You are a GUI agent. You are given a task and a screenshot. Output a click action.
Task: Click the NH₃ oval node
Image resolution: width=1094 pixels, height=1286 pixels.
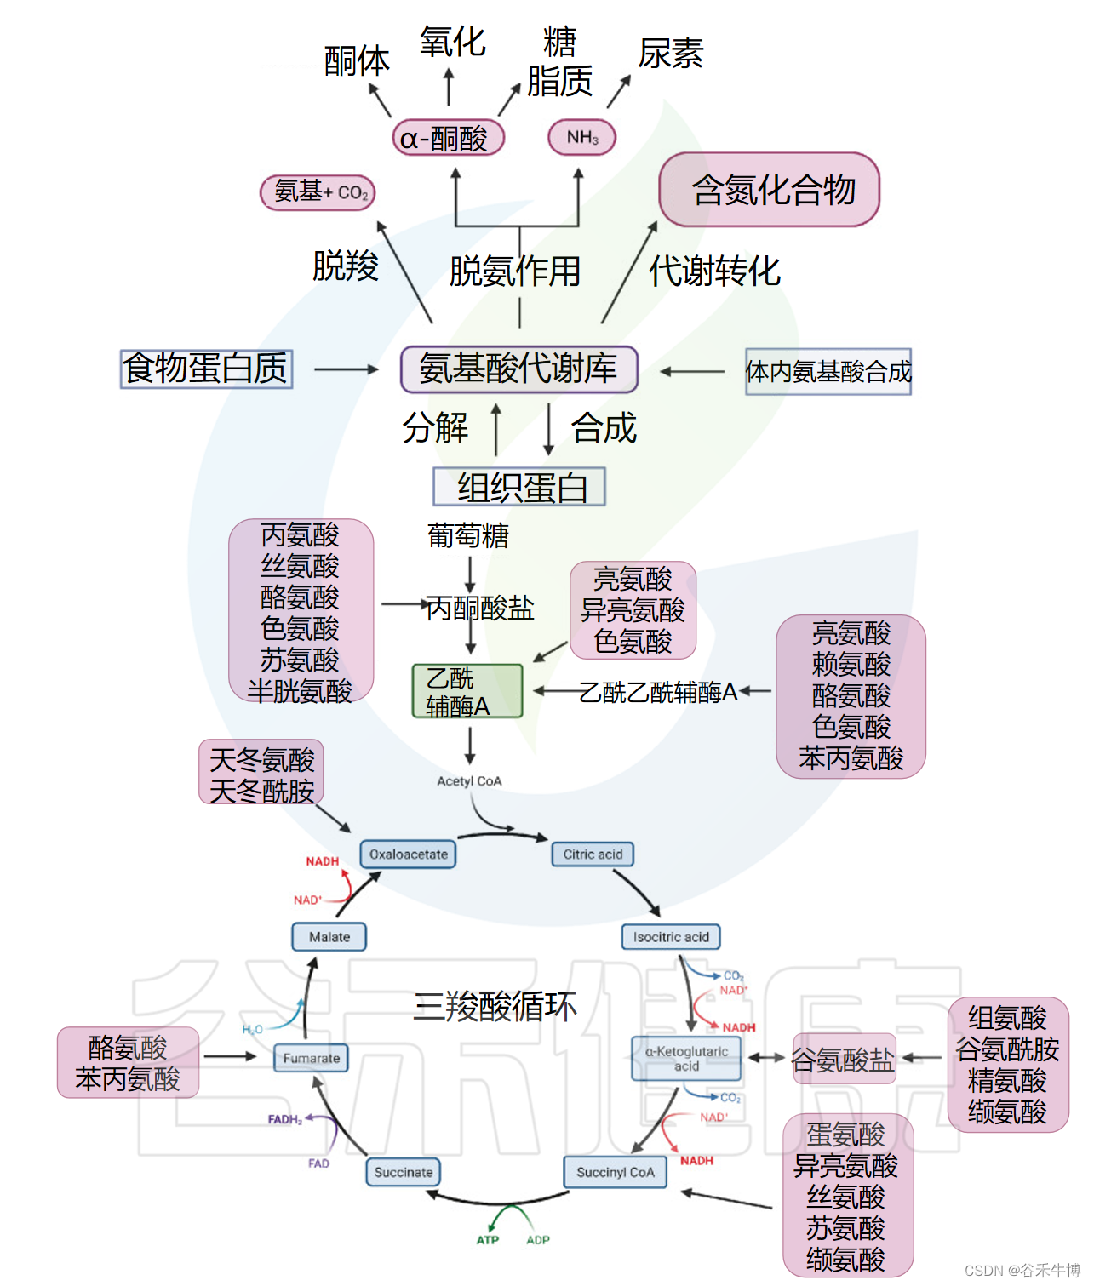coord(582,137)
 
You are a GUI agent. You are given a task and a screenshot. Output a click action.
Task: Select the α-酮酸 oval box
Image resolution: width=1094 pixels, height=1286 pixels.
coord(449,138)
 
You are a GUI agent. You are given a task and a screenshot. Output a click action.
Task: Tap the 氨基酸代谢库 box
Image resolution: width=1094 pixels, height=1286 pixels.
coord(519,369)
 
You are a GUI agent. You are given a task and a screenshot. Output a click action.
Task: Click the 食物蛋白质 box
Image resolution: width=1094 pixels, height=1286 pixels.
coord(206,369)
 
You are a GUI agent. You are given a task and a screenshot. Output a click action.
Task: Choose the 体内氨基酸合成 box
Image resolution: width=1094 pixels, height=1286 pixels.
coord(828,371)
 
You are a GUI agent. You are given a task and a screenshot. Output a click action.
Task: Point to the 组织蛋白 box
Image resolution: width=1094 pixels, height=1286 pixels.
coord(519,487)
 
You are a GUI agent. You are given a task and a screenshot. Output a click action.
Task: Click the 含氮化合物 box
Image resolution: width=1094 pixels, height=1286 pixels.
coord(770,190)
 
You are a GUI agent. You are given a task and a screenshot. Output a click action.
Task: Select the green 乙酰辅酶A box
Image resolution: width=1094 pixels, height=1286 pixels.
coord(467,691)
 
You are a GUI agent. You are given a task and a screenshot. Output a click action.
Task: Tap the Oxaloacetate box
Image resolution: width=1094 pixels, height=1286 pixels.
coord(409,854)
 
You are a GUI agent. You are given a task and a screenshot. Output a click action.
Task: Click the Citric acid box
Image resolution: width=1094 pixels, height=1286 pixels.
coord(593,854)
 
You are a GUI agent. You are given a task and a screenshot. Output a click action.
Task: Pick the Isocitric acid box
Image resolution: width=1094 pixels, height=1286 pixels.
coord(671,937)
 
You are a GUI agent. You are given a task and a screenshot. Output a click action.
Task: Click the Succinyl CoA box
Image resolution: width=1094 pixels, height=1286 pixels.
coord(616,1172)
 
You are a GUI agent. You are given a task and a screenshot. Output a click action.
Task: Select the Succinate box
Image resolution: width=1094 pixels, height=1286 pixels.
coord(404,1172)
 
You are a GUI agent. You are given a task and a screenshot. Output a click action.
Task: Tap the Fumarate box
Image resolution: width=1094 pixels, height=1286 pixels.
coord(311,1058)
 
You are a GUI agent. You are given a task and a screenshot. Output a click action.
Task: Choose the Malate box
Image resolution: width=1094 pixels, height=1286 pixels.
coord(329,937)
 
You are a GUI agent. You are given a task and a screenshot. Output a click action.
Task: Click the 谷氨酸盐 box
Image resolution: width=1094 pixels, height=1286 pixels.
coord(844,1059)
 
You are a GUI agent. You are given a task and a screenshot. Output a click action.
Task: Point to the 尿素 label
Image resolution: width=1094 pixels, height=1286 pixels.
coord(671,54)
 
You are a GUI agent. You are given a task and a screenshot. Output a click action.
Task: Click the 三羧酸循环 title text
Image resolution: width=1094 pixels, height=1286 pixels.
coord(495,1006)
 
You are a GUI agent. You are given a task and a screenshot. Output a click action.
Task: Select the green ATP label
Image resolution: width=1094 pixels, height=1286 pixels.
coord(488,1240)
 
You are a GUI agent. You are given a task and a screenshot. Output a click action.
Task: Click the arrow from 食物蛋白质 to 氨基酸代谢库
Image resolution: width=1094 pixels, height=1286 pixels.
coord(347,369)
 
